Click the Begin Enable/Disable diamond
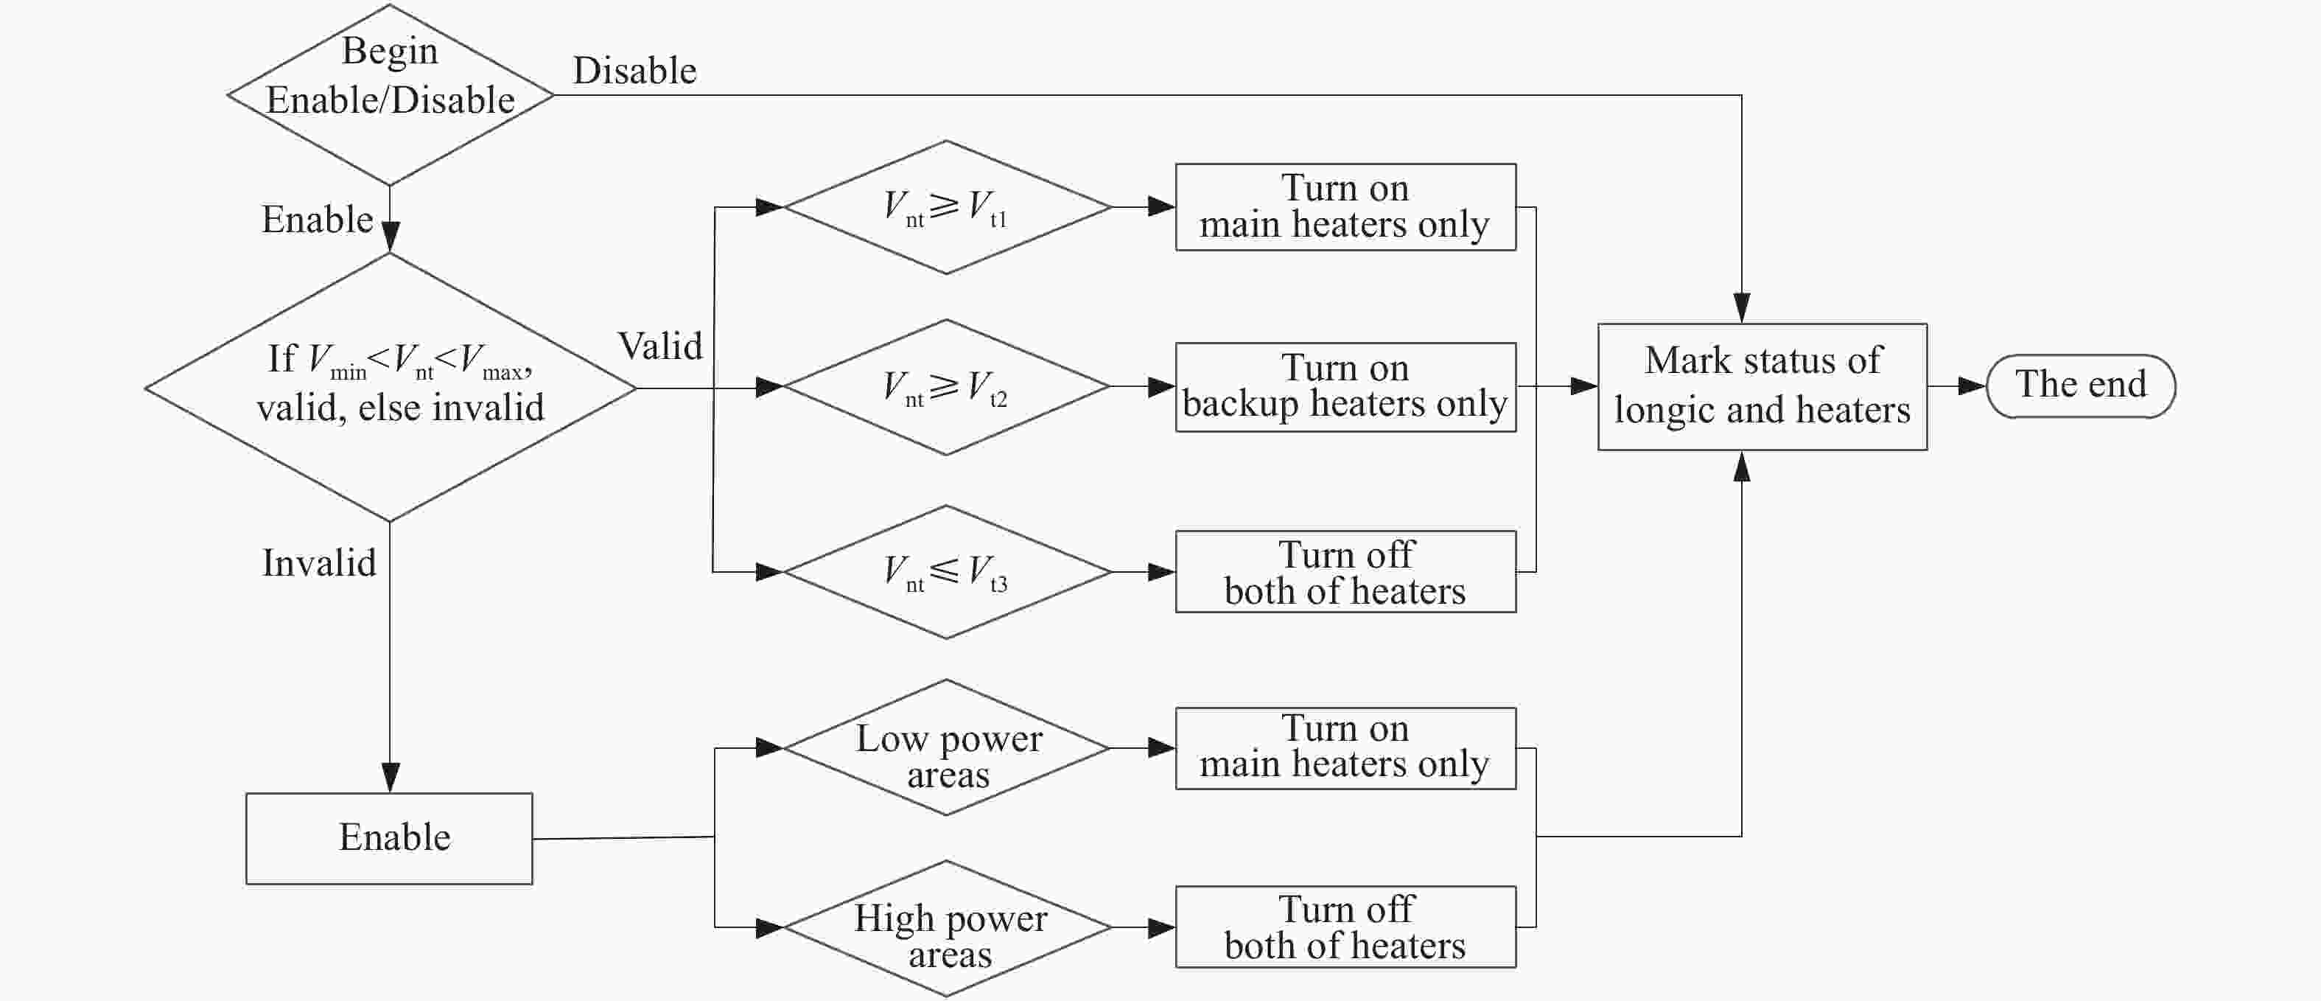(x=390, y=94)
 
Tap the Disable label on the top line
(x=634, y=70)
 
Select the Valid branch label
(x=659, y=346)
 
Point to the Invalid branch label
(x=319, y=563)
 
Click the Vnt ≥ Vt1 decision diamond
(x=947, y=207)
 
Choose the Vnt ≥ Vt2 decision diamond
(x=946, y=388)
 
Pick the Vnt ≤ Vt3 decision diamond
(x=947, y=572)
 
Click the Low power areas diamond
(x=946, y=748)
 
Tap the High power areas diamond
(x=947, y=928)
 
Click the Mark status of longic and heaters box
(x=1762, y=386)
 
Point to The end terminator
(x=2081, y=386)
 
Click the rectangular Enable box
(x=389, y=838)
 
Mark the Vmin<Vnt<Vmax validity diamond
(x=390, y=388)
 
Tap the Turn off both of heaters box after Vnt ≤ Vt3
(x=1345, y=572)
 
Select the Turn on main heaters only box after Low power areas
(x=1345, y=748)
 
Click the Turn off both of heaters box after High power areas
(x=1345, y=927)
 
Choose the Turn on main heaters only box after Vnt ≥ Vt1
(x=1345, y=207)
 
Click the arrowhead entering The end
(x=1973, y=386)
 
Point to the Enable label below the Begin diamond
(x=317, y=219)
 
